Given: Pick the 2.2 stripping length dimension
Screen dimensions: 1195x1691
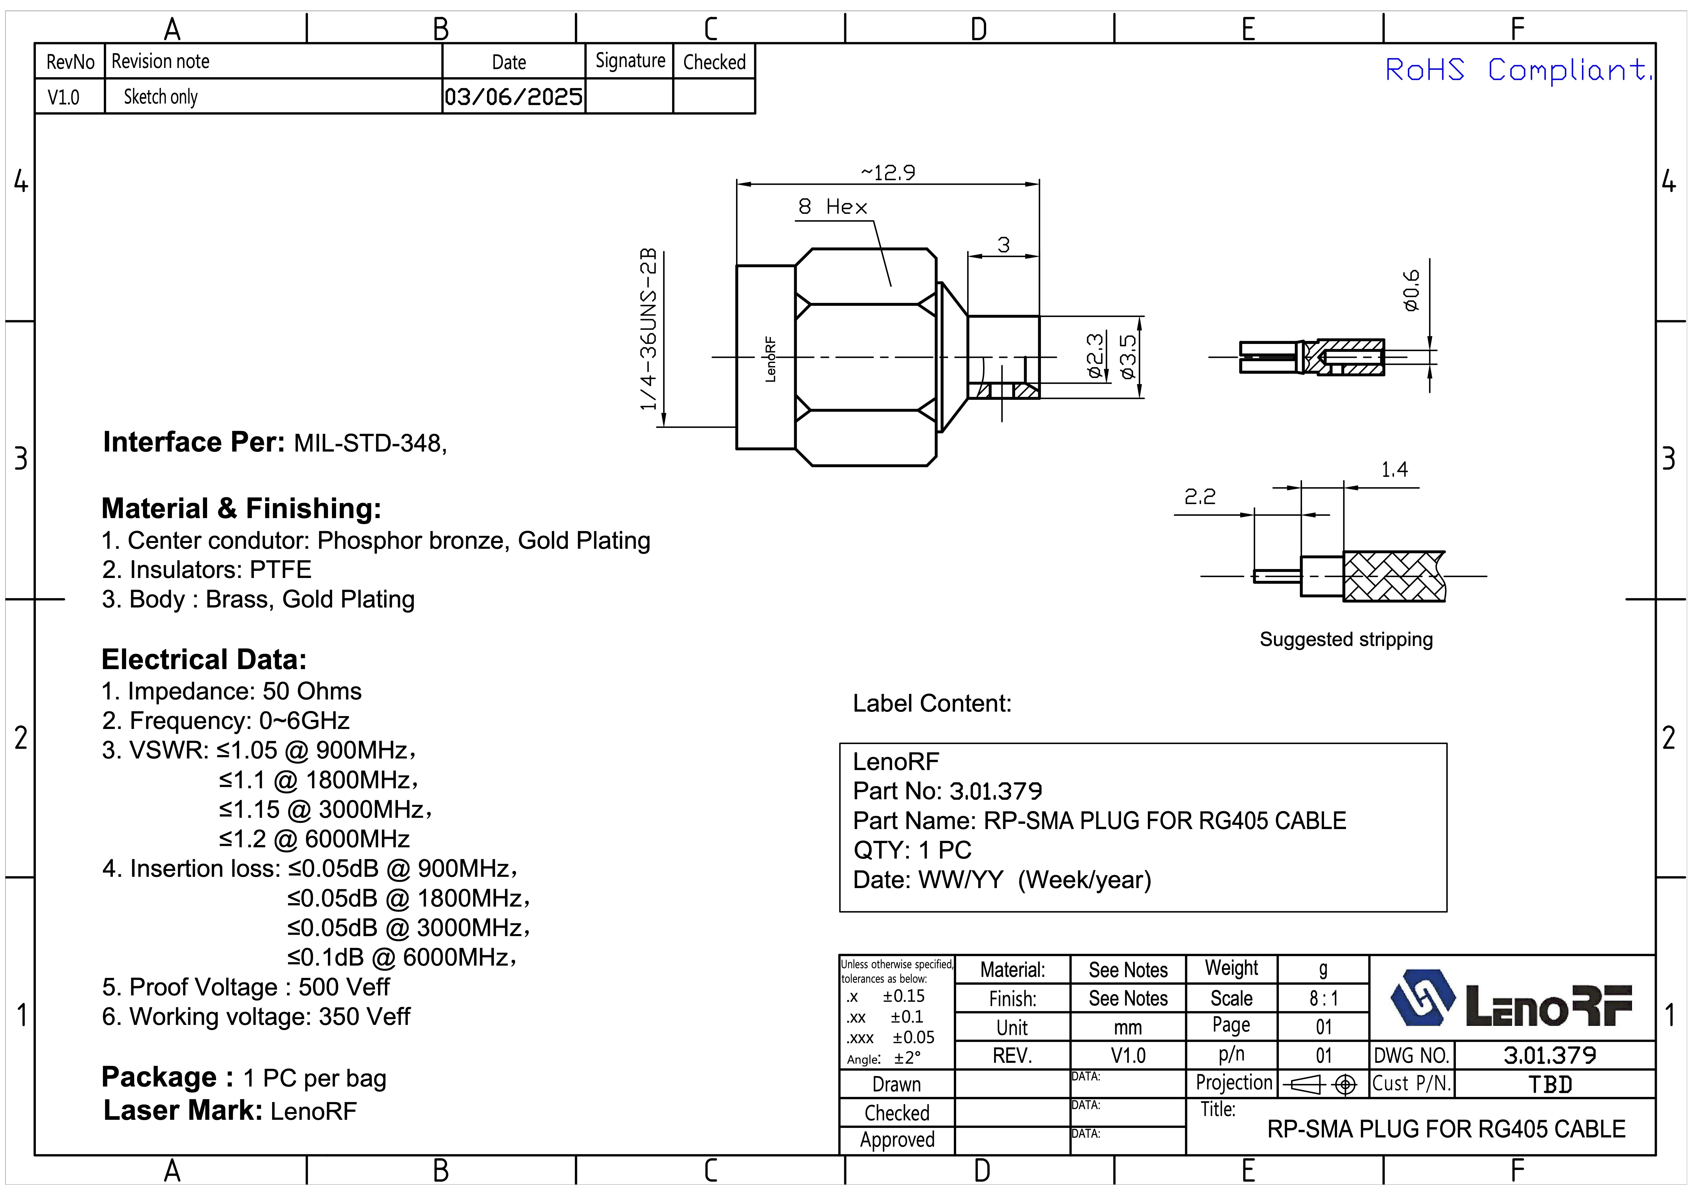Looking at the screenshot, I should pos(1200,497).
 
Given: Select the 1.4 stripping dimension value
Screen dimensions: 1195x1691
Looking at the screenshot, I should pos(1393,469).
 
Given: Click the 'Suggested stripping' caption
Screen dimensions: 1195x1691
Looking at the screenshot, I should pos(1346,639).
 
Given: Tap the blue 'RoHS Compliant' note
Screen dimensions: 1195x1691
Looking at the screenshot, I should pos(1517,70).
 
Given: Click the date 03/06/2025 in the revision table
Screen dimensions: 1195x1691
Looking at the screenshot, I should pos(513,97).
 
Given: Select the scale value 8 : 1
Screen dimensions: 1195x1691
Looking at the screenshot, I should pos(1323,998).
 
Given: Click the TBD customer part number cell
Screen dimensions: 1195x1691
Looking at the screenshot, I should pos(1550,1084).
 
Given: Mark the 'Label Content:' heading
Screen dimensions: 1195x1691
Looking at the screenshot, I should pos(932,704).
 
